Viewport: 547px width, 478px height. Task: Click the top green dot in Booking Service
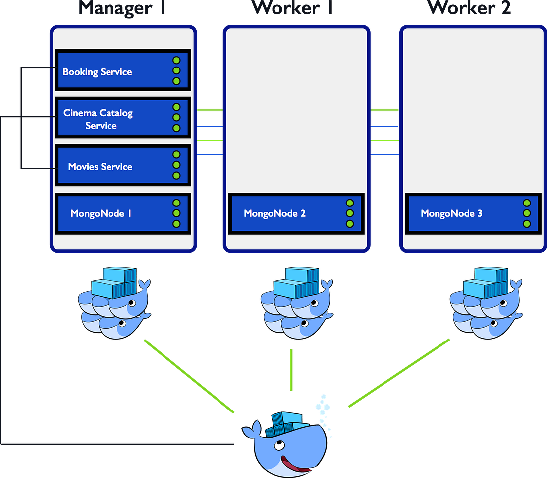[176, 61]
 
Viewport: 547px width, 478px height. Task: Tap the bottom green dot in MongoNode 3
[527, 224]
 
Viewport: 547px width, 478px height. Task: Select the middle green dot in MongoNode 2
[350, 213]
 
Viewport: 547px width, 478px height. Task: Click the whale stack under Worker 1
[296, 303]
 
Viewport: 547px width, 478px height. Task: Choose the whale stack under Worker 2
[485, 303]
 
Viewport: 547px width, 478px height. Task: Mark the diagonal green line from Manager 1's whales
[188, 375]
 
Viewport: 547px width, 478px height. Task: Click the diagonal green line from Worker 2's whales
[399, 373]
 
